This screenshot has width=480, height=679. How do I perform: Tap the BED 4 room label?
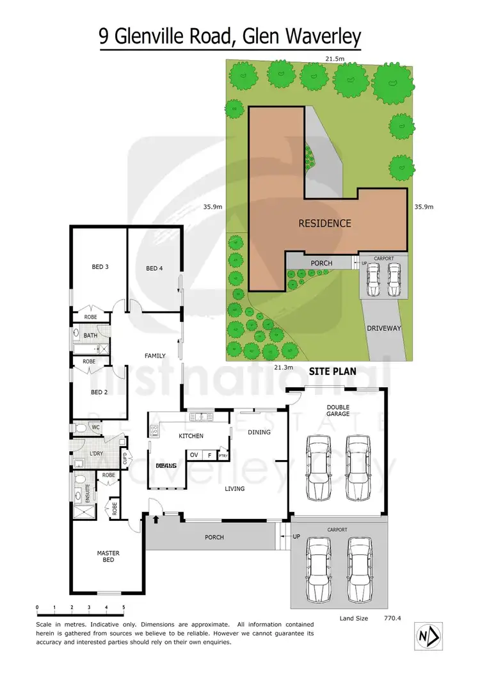(154, 268)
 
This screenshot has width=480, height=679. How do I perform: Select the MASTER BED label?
(108, 557)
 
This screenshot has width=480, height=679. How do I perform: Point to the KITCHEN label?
(191, 436)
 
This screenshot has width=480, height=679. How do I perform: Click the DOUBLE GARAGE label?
(337, 411)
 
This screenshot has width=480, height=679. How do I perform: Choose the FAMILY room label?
(155, 356)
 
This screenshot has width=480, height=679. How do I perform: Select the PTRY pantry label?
(223, 456)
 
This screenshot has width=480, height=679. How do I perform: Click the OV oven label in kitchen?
(194, 456)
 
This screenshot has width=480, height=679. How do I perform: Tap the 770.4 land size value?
(392, 618)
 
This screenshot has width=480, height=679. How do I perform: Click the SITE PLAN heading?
(333, 371)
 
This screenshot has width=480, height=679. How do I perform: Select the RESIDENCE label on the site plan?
(324, 223)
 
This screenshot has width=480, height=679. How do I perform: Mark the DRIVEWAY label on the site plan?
(383, 328)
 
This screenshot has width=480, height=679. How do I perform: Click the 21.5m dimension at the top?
(332, 58)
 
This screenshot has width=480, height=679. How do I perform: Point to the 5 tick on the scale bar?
(124, 607)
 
